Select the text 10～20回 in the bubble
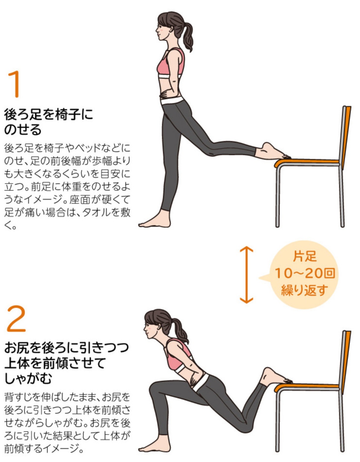[305, 273]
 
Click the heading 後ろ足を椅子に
[48, 115]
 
